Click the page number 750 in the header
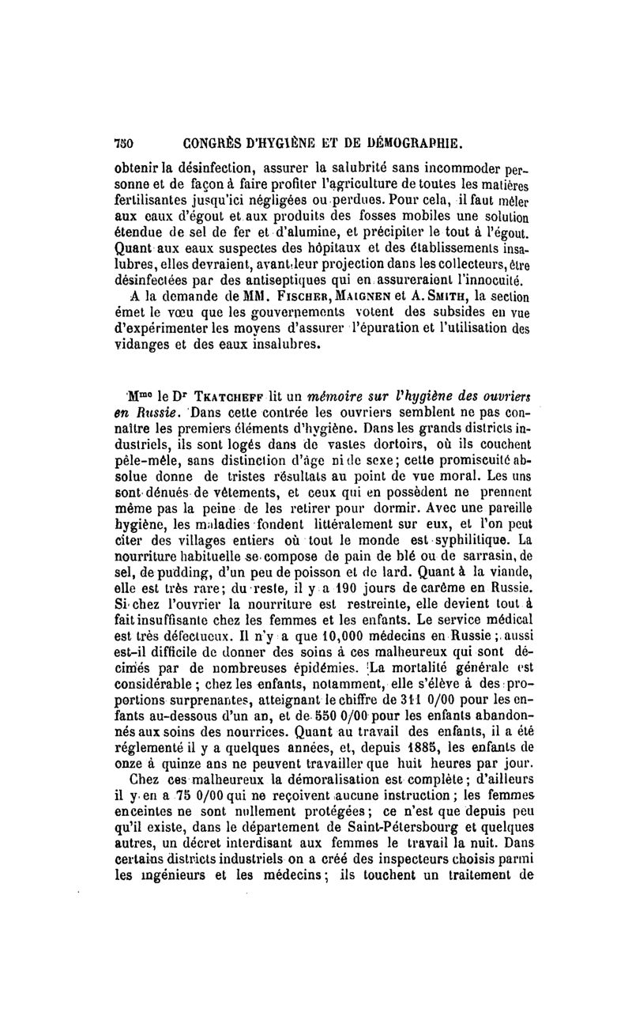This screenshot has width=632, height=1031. click(124, 145)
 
